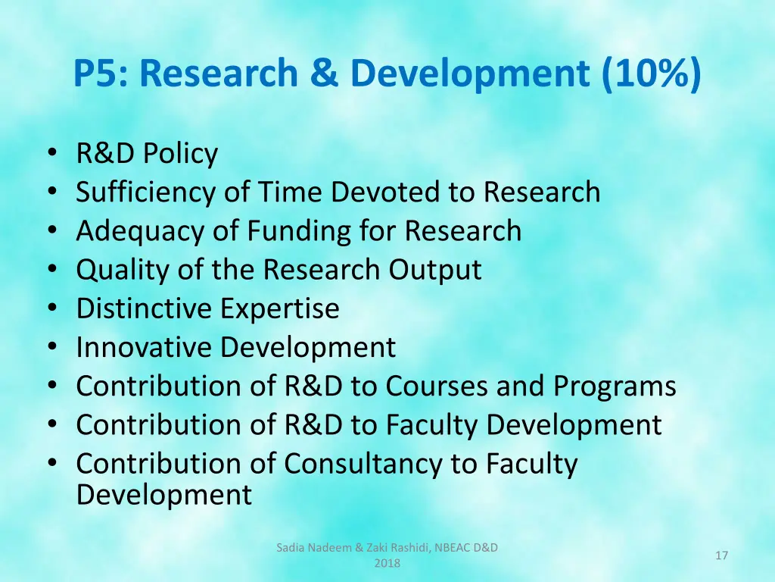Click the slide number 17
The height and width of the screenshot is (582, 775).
pyautogui.click(x=721, y=556)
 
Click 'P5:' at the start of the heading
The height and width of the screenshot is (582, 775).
pyautogui.click(x=101, y=74)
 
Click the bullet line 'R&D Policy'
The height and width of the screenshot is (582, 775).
pyautogui.click(x=147, y=154)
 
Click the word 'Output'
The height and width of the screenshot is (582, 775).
pyautogui.click(x=435, y=270)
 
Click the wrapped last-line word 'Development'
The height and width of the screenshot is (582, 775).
pyautogui.click(x=163, y=495)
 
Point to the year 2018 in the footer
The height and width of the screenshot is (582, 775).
pyautogui.click(x=387, y=563)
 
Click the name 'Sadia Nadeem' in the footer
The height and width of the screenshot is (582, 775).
pyautogui.click(x=308, y=548)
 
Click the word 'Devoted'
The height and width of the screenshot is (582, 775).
pyautogui.click(x=387, y=192)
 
